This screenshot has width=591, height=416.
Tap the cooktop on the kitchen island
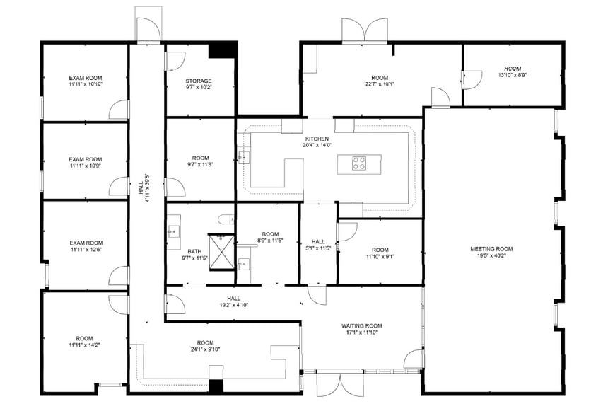(x=359, y=164)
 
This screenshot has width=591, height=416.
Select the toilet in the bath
(x=226, y=219)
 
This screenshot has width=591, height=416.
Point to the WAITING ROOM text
(x=361, y=325)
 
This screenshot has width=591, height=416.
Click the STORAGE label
(x=199, y=81)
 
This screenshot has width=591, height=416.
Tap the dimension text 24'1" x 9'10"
(x=205, y=349)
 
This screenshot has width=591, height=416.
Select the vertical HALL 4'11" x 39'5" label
(x=146, y=187)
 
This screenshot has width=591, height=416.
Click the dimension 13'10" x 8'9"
(x=513, y=75)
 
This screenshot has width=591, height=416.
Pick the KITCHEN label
(x=317, y=139)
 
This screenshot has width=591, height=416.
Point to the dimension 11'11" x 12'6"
(x=86, y=250)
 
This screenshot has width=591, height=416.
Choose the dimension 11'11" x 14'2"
(x=85, y=346)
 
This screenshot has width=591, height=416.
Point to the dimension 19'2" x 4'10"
(x=233, y=306)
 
